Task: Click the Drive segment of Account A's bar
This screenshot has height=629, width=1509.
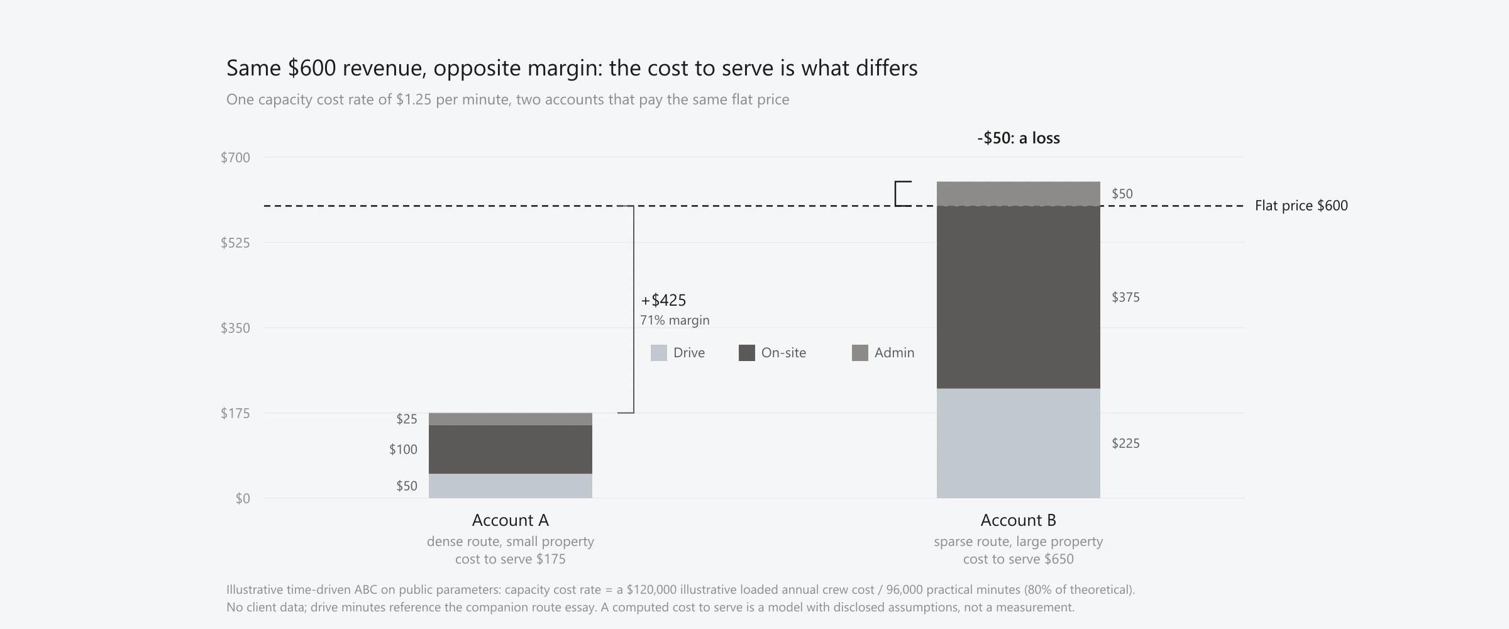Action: [x=511, y=486]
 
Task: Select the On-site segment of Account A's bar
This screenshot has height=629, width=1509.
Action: [x=511, y=449]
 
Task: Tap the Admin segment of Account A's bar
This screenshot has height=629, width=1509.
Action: [x=511, y=419]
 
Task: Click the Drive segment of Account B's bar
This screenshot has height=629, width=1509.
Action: [x=1019, y=443]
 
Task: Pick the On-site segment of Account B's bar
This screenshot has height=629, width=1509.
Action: [x=1019, y=297]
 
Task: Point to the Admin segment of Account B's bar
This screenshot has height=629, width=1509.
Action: [x=1019, y=194]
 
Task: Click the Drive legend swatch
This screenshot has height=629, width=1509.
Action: [x=659, y=353]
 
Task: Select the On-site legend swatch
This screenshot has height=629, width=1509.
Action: [x=747, y=353]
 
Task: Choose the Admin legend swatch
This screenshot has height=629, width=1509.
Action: [x=860, y=353]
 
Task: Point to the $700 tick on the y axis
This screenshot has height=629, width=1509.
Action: [x=235, y=158]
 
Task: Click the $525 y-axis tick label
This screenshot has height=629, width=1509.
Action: [x=235, y=243]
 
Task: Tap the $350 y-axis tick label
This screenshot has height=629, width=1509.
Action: [x=235, y=328]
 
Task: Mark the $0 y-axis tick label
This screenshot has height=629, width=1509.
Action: [x=243, y=499]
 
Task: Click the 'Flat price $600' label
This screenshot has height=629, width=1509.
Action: [x=1302, y=206]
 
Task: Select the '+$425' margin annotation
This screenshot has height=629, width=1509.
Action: [x=663, y=300]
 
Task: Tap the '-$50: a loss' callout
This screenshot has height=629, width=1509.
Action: [x=1019, y=138]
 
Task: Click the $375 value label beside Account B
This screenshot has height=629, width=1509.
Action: [x=1125, y=298]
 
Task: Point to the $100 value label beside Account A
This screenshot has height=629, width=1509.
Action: [x=403, y=450]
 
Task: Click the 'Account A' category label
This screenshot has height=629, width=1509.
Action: [x=511, y=520]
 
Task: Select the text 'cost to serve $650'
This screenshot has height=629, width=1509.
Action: [x=1019, y=559]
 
